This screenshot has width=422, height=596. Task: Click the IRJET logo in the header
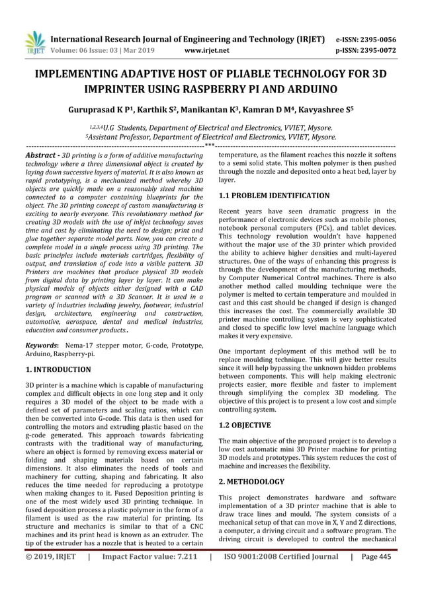coord(33,43)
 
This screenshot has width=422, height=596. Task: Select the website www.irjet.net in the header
coord(207,50)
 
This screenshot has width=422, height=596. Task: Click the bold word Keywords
coord(42,344)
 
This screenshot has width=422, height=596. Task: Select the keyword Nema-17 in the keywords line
coord(79,344)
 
